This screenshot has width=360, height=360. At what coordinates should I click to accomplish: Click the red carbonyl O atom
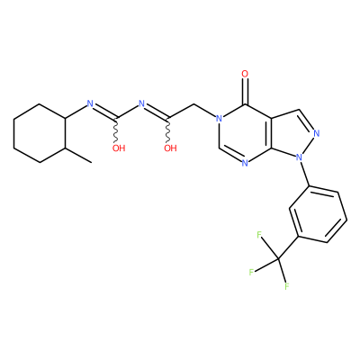(245, 74)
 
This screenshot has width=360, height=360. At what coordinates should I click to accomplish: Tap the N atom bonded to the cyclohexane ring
(90, 103)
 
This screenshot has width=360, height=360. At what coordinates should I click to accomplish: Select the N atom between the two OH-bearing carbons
(142, 103)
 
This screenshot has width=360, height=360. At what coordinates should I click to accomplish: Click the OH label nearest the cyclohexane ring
(119, 148)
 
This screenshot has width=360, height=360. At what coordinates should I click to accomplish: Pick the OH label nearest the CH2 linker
(170, 148)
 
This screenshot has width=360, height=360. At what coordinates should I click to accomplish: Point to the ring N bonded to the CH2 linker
(220, 119)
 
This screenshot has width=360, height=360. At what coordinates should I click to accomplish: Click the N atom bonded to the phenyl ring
(299, 157)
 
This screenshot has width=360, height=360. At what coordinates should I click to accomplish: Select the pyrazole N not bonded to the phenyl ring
(317, 133)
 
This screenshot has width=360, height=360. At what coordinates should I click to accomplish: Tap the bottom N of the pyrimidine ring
(245, 164)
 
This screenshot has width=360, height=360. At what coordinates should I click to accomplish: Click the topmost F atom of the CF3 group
(259, 234)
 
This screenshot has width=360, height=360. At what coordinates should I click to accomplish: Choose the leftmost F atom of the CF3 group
(251, 273)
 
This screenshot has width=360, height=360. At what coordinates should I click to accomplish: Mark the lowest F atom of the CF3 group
(287, 286)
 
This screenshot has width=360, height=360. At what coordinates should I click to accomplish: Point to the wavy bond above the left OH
(115, 130)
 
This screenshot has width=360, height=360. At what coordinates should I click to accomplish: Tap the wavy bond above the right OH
(167, 130)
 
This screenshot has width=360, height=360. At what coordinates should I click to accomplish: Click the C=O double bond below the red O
(245, 91)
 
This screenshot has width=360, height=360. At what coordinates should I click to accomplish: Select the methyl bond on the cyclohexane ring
(79, 156)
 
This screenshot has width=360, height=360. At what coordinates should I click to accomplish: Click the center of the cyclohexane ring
(40, 133)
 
